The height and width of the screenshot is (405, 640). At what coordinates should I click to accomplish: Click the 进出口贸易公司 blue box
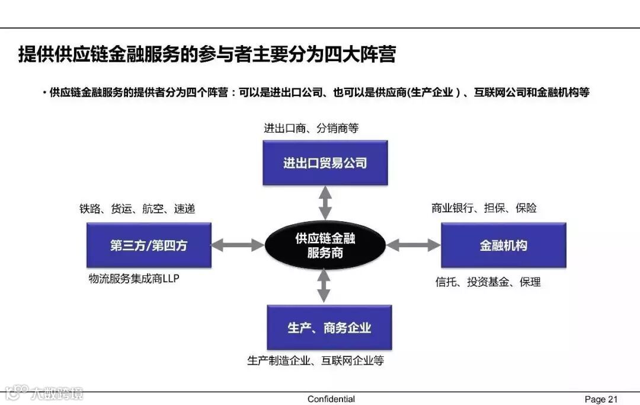(x=325, y=162)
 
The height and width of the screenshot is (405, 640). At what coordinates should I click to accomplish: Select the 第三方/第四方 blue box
(x=148, y=245)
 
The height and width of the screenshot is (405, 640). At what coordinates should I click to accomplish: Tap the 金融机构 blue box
(x=503, y=245)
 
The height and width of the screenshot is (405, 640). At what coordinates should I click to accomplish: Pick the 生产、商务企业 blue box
(x=329, y=327)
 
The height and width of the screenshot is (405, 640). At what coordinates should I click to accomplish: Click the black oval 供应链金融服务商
(x=325, y=245)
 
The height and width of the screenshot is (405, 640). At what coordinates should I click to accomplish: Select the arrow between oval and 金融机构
(x=414, y=244)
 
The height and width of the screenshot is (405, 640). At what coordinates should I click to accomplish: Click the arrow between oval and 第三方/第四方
(x=238, y=244)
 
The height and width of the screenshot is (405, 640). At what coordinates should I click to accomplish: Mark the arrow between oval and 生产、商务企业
(x=324, y=286)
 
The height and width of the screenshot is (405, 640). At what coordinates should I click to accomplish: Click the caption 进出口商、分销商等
(x=311, y=128)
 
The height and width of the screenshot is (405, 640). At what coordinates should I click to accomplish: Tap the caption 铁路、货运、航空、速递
(x=137, y=209)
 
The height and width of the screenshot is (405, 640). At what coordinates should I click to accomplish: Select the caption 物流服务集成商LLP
(x=133, y=278)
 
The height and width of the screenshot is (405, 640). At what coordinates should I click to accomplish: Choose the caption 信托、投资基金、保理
(x=488, y=282)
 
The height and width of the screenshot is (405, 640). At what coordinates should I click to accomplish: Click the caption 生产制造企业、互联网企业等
(x=315, y=360)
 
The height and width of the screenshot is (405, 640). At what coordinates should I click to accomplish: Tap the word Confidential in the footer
(x=331, y=399)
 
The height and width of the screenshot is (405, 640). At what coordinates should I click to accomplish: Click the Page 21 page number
(x=601, y=399)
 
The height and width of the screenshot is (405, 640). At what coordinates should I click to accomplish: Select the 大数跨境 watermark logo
(x=44, y=393)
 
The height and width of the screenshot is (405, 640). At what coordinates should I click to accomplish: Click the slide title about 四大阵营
(x=207, y=55)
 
